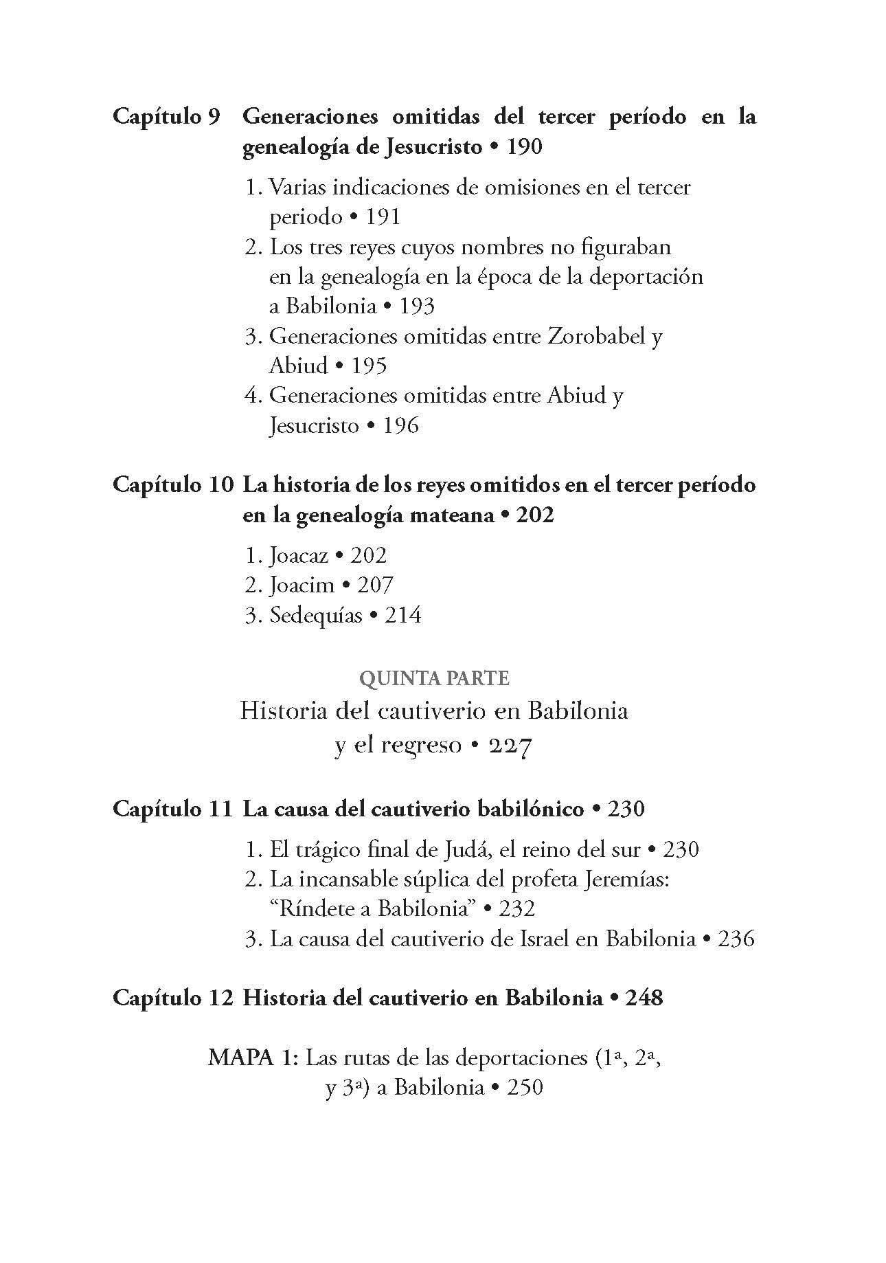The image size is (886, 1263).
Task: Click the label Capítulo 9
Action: click(x=166, y=116)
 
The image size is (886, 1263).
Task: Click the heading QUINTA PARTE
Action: click(x=434, y=679)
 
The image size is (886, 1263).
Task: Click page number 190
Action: click(x=524, y=146)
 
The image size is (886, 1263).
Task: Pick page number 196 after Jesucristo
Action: click(x=400, y=425)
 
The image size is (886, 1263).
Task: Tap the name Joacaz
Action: click(x=299, y=555)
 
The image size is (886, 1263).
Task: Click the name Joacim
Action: click(x=302, y=585)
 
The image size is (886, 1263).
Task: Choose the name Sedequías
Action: click(x=315, y=615)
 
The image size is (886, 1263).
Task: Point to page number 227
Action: click(x=511, y=746)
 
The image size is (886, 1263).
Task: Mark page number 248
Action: click(x=644, y=997)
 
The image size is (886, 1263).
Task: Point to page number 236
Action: click(x=736, y=939)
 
